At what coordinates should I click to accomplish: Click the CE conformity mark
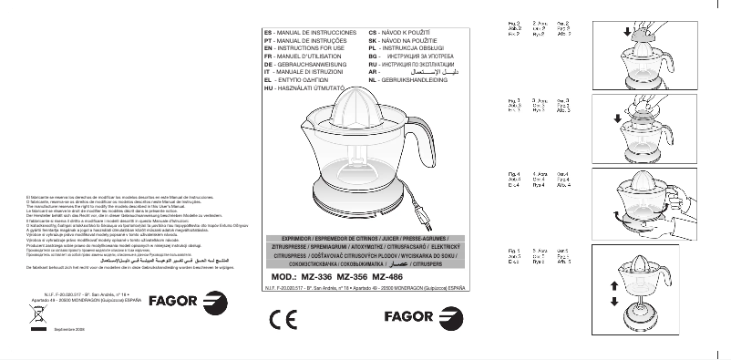point(283,318)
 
